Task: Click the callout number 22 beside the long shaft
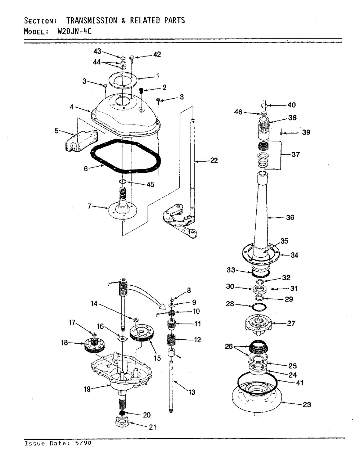coord(214,160)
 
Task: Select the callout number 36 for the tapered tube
coord(290,217)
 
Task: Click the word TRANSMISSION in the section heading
coord(92,21)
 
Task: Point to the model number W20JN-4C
coord(75,32)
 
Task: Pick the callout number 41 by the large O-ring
coord(300,383)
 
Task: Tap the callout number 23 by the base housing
coord(307,405)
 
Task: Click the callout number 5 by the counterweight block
coord(57,131)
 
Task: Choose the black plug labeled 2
coord(141,91)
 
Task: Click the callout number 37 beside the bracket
coord(296,154)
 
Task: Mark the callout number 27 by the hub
coord(291,323)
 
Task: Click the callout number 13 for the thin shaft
coord(192,392)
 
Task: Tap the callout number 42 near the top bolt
coord(157,54)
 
